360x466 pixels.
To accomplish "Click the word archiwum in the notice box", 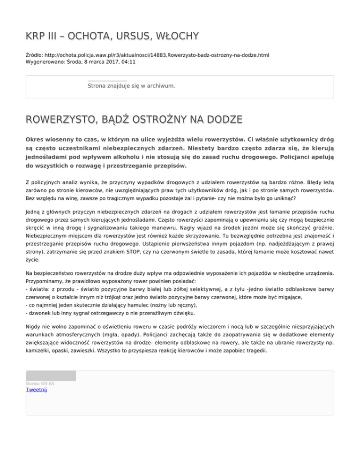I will [x=160, y=86].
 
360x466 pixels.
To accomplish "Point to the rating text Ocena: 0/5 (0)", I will [x=40, y=383].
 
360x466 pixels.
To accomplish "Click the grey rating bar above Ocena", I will [x=51, y=376].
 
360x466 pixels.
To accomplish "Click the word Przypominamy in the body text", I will [x=48, y=281].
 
